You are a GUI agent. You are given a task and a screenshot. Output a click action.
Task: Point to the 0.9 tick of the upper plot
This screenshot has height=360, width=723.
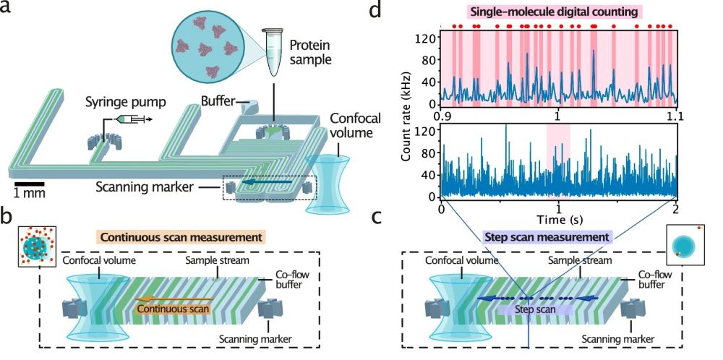(442, 116)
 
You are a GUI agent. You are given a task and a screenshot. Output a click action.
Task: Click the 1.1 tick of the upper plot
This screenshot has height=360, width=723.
(676, 116)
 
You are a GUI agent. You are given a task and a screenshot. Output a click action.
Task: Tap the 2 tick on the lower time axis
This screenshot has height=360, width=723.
(675, 209)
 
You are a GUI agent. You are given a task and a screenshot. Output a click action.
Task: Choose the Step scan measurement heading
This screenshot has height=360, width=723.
(547, 236)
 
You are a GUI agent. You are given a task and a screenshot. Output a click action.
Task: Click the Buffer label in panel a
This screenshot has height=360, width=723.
(218, 102)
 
